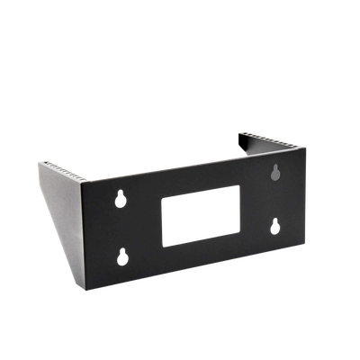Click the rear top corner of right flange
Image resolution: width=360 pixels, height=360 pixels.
click(x=238, y=132)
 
